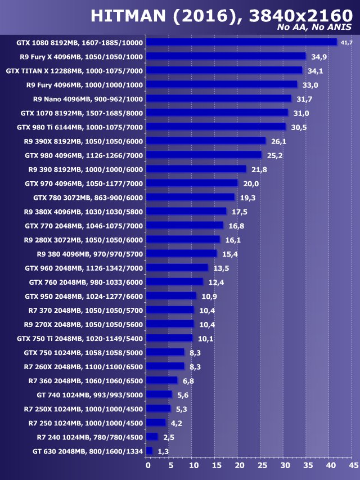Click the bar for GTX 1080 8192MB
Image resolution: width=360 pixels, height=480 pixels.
[242, 42]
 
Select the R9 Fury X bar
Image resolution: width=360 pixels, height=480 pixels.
[226, 56]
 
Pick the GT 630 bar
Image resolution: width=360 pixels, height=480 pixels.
[150, 451]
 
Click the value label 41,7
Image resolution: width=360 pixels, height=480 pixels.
[346, 43]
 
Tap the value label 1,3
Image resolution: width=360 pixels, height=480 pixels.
[163, 451]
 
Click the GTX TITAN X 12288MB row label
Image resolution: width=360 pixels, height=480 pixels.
[74, 71]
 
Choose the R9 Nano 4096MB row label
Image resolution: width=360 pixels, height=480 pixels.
[88, 99]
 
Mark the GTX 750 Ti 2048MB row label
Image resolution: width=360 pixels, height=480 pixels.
[80, 338]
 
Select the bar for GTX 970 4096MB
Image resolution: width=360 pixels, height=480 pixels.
[192, 183]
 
